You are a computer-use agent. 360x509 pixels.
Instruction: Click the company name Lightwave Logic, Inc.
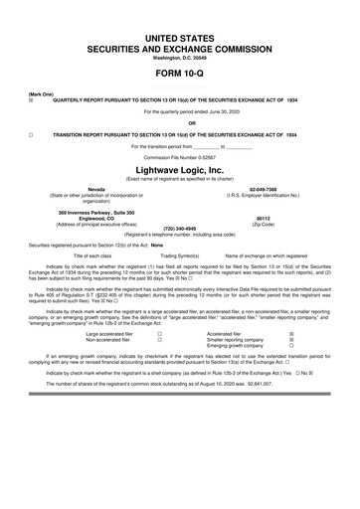pos(180,169)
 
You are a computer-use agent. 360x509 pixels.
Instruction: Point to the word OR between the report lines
pos(180,123)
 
